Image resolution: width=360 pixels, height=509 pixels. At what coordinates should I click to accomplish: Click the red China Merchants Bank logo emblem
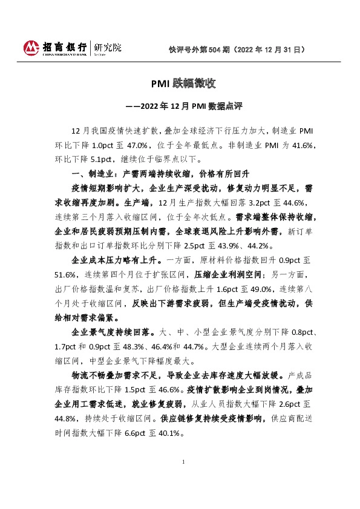tap(30, 47)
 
